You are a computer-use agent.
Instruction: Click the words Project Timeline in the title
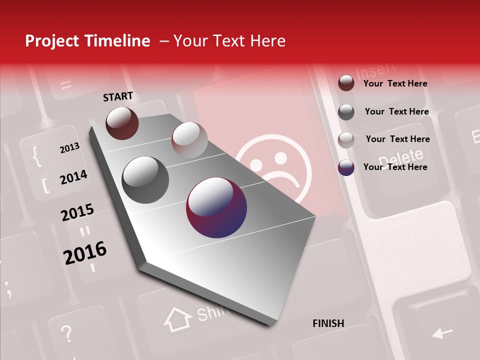pyautogui.click(x=87, y=41)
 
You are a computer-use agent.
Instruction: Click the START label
pyautogui.click(x=118, y=96)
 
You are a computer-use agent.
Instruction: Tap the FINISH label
pyautogui.click(x=328, y=323)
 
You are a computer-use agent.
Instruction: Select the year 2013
pyautogui.click(x=69, y=148)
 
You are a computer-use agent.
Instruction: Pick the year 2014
pyautogui.click(x=73, y=177)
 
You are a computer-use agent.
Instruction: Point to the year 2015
pyautogui.click(x=77, y=212)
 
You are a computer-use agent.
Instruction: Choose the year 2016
pyautogui.click(x=85, y=252)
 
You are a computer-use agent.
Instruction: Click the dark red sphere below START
pyautogui.click(x=122, y=123)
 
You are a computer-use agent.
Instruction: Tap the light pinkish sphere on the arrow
pyautogui.click(x=189, y=140)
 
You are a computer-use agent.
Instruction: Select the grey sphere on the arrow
pyautogui.click(x=145, y=180)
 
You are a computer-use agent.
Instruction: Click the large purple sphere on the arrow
pyautogui.click(x=216, y=207)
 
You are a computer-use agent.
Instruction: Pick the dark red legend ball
pyautogui.click(x=346, y=83)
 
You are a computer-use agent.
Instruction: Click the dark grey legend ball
pyautogui.click(x=346, y=112)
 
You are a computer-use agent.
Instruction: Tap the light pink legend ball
pyautogui.click(x=346, y=140)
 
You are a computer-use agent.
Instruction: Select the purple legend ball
pyautogui.click(x=346, y=167)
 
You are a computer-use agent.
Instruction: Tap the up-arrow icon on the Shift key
pyautogui.click(x=178, y=319)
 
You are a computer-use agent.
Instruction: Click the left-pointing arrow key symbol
pyautogui.click(x=442, y=332)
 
